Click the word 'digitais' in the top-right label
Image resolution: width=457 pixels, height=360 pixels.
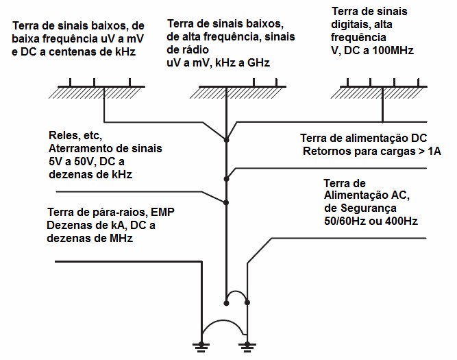[x=347, y=24]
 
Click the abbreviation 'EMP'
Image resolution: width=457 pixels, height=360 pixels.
[x=162, y=212]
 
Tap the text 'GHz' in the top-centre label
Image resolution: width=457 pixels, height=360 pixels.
[x=258, y=62]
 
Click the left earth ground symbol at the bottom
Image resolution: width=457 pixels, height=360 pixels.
[x=201, y=347]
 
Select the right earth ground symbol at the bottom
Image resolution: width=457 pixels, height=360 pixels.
[x=247, y=347]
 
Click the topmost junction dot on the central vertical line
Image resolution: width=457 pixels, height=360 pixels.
[x=226, y=140]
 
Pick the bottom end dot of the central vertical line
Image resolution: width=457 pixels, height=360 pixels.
[x=226, y=303]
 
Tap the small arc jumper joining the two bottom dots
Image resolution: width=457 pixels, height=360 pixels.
[x=236, y=291]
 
